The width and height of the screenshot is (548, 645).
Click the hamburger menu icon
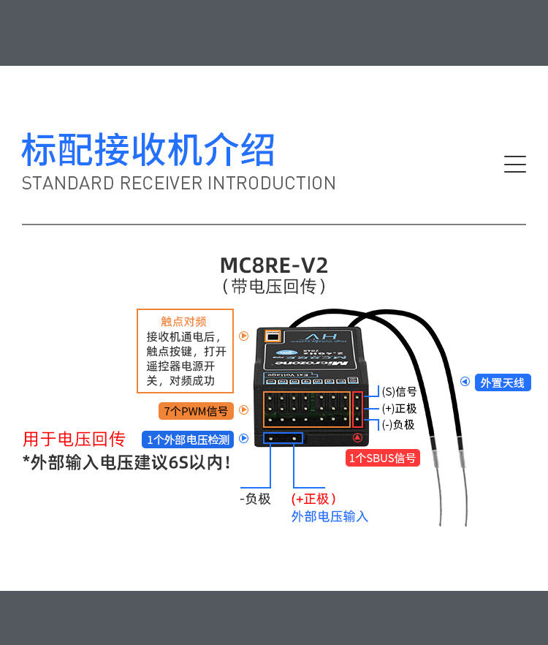515,165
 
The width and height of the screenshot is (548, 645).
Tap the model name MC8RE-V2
274,264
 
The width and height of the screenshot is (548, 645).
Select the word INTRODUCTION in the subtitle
272,183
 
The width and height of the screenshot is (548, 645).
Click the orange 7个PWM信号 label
196,411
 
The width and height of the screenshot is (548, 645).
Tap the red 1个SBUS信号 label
383,458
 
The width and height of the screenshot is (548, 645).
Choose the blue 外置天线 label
503,382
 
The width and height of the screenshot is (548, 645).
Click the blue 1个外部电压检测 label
188,440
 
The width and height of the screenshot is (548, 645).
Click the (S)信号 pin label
399,392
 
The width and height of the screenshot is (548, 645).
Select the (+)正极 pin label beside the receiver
399,408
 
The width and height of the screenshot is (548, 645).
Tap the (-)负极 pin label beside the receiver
398,424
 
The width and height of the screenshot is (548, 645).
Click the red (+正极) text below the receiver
313,499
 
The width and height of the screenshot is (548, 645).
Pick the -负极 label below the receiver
255,499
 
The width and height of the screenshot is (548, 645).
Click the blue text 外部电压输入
330,516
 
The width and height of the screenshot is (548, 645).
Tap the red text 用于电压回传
74,439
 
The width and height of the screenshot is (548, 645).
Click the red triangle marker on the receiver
357,438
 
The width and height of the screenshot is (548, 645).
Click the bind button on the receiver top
273,336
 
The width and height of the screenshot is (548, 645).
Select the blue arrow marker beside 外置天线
465,381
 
